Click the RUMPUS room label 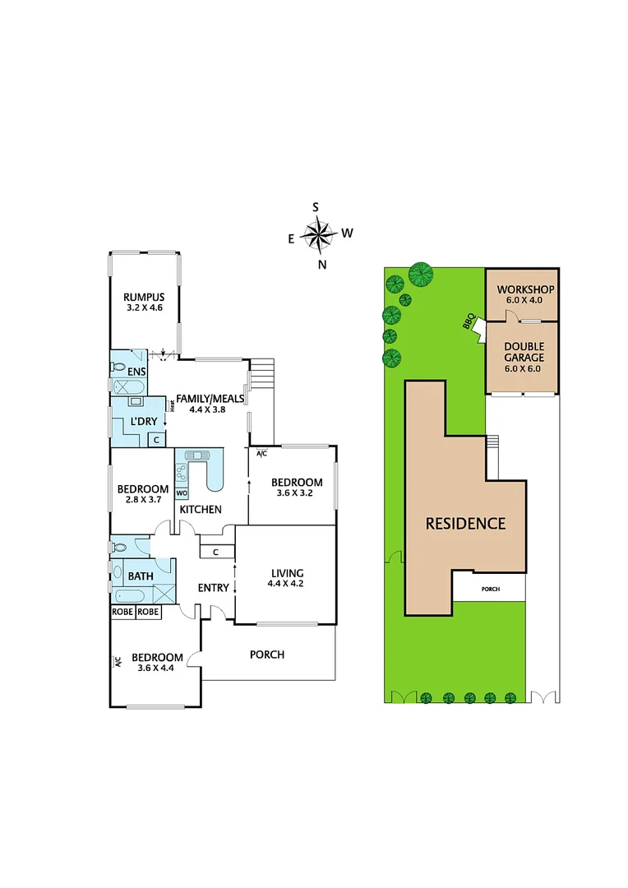pyautogui.click(x=144, y=298)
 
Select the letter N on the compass pyautogui.click(x=322, y=264)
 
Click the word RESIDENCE pyautogui.click(x=464, y=524)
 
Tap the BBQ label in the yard pyautogui.click(x=469, y=322)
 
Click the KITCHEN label pyautogui.click(x=201, y=510)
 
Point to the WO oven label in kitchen pyautogui.click(x=181, y=493)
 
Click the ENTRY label pyautogui.click(x=214, y=588)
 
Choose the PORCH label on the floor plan pyautogui.click(x=267, y=654)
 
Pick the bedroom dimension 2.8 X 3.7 pyautogui.click(x=143, y=499)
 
